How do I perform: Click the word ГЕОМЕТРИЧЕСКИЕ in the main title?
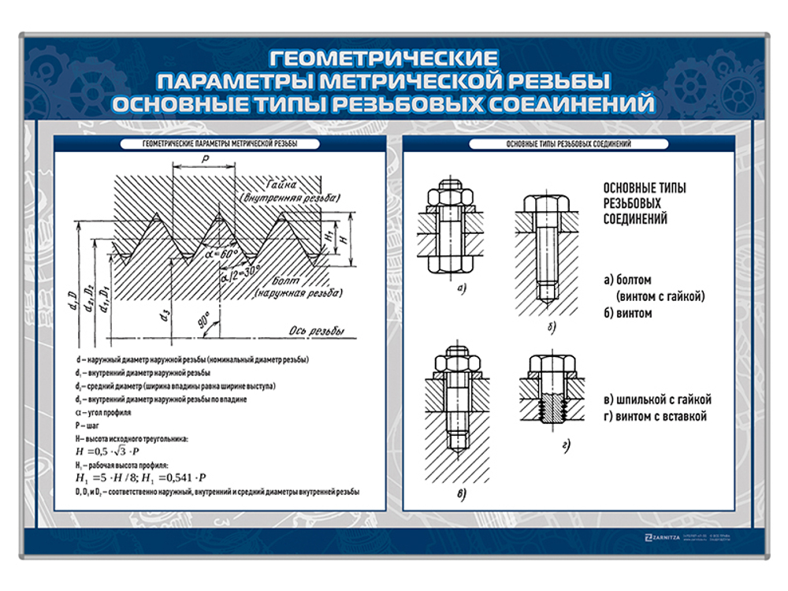(384, 58)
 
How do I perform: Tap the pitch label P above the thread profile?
(204, 158)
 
